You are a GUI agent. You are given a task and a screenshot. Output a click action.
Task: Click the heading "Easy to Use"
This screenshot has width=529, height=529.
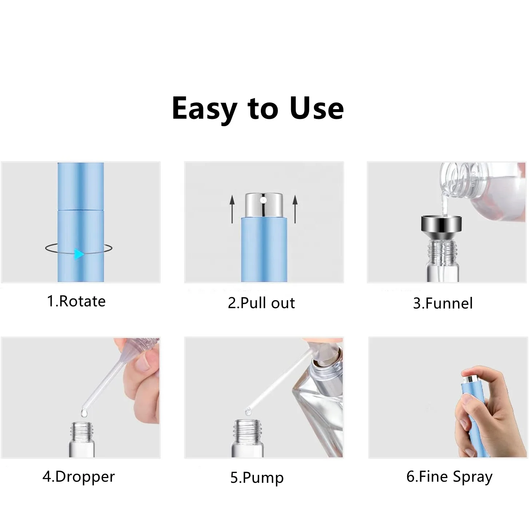pyautogui.click(x=258, y=108)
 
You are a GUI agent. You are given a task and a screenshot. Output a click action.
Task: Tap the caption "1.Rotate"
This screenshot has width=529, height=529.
pyautogui.click(x=76, y=301)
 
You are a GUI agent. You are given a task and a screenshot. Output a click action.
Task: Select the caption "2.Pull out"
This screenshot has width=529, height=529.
pyautogui.click(x=261, y=303)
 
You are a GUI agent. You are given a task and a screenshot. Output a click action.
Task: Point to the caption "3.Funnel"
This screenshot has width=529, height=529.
pyautogui.click(x=443, y=303)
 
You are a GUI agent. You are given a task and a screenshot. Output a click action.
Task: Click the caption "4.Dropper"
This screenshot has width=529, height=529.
pyautogui.click(x=79, y=477)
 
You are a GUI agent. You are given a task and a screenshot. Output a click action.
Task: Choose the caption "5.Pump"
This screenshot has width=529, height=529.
pyautogui.click(x=257, y=478)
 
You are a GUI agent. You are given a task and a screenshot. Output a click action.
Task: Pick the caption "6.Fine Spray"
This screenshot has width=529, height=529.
pyautogui.click(x=449, y=477)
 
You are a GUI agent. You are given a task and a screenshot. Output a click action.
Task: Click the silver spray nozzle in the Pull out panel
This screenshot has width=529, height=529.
pyautogui.click(x=264, y=206)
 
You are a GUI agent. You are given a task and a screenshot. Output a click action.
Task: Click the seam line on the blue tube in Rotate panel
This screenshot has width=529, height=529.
pyautogui.click(x=80, y=210)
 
